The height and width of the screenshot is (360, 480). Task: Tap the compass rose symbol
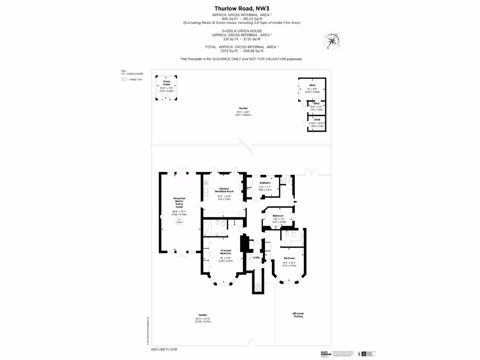point(331,41)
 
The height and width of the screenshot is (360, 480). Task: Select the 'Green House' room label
point(166,83)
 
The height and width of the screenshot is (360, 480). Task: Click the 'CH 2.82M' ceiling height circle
point(179,221)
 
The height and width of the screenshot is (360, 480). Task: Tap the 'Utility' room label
point(256,257)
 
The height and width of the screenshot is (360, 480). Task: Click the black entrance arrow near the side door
point(294,202)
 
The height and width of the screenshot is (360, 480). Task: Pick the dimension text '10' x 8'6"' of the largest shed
point(312,89)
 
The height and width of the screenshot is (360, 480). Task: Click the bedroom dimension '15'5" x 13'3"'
point(290,263)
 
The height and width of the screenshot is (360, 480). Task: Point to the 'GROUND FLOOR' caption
point(164,350)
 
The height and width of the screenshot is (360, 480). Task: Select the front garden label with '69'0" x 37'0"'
point(203,319)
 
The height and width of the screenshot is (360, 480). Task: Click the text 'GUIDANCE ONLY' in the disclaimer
point(225,59)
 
